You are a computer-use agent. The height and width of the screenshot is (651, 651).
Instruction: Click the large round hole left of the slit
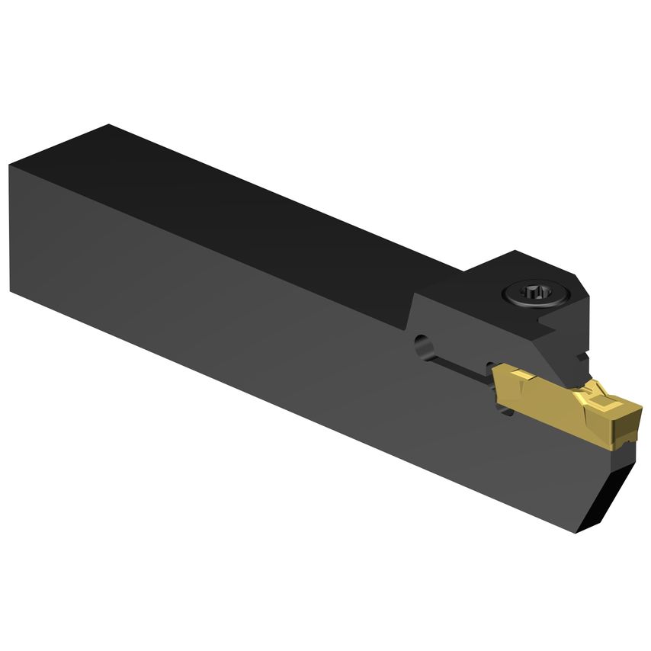[421, 347]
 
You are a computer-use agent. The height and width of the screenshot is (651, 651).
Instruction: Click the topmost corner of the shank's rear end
[107, 124]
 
